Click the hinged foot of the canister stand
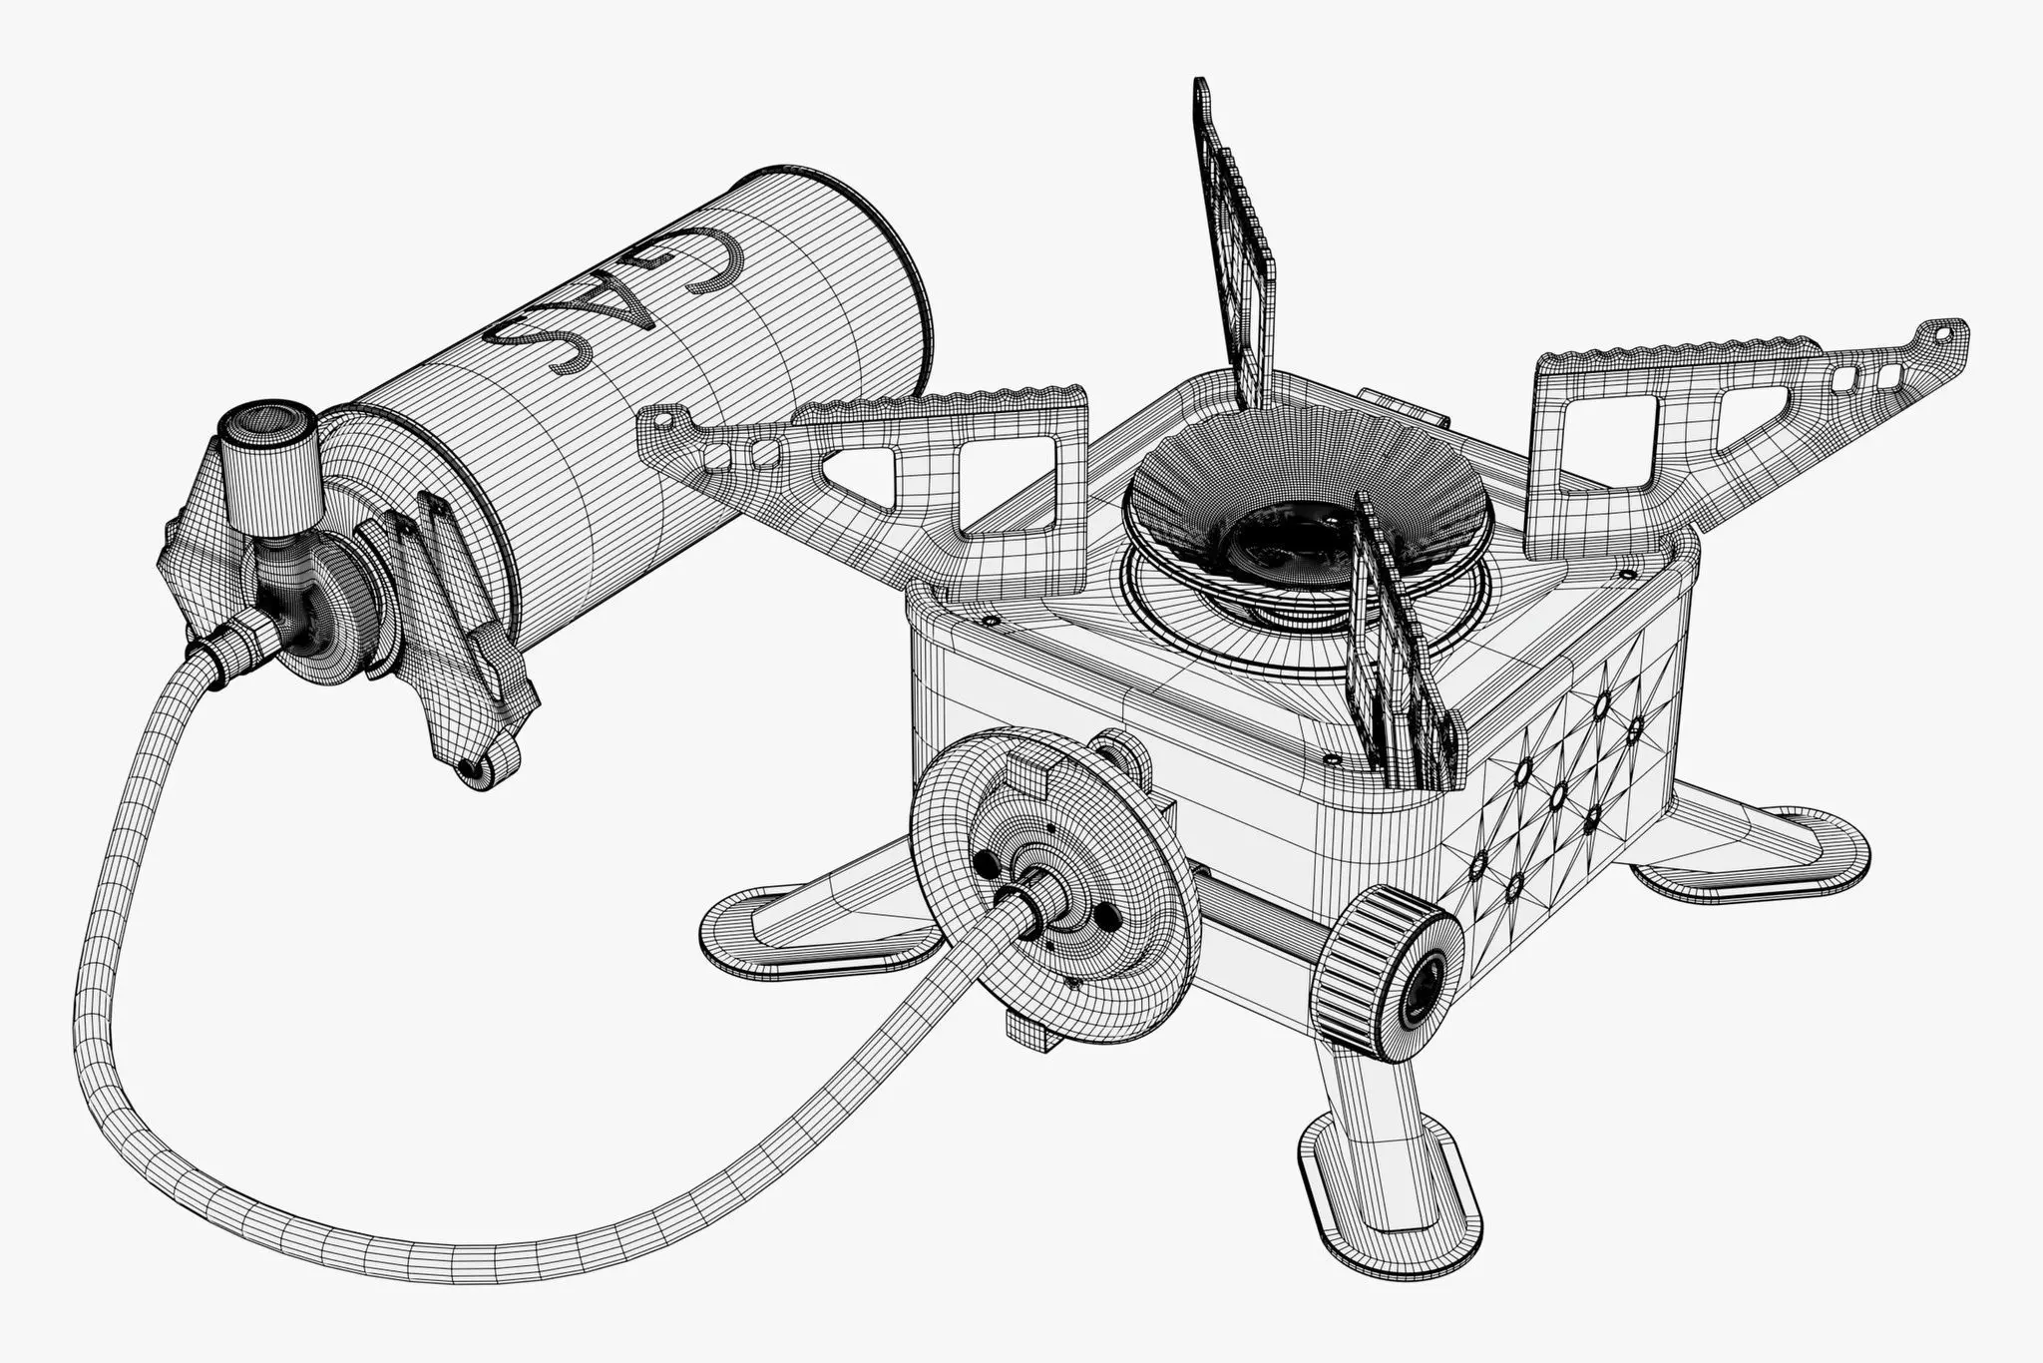tap(480, 763)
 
